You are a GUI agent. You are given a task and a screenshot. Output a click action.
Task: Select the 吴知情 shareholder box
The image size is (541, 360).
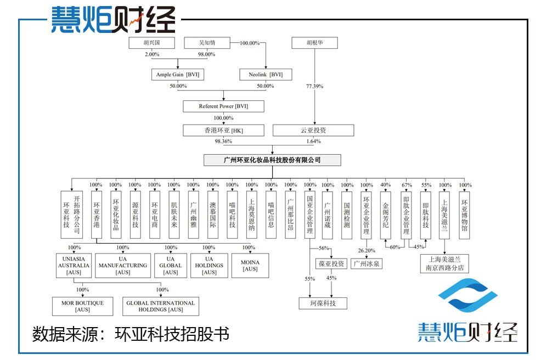coord(207,43)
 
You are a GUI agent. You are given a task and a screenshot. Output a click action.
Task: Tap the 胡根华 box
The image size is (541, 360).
coord(314,43)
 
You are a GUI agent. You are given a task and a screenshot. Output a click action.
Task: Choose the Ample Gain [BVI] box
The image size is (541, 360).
coord(178,74)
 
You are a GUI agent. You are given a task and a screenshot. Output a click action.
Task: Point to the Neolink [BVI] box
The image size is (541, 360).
coord(266,74)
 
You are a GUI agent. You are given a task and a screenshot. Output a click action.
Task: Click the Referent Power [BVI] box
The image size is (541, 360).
coord(223,106)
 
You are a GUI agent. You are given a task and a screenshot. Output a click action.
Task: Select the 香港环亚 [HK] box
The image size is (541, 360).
coord(223,131)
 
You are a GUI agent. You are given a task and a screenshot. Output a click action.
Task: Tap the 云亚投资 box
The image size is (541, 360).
coord(314,131)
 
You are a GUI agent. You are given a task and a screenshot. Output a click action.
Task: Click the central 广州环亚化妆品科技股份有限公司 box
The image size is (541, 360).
coord(272,160)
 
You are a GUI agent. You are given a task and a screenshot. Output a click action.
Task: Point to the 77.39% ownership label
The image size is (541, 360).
coord(314,86)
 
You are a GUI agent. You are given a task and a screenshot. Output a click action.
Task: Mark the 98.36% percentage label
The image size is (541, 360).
coord(223,142)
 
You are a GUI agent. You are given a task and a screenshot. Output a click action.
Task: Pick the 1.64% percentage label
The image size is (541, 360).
coord(314,142)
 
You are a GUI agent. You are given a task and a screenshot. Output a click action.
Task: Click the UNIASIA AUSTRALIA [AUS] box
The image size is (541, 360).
coord(74,265)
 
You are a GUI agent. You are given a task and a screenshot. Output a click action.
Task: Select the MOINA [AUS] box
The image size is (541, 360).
coord(250,265)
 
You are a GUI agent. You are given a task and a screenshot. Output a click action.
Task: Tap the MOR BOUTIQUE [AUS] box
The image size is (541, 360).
coord(82,306)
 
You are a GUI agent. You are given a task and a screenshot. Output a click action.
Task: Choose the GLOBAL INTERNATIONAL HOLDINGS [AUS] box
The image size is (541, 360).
coord(160,306)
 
